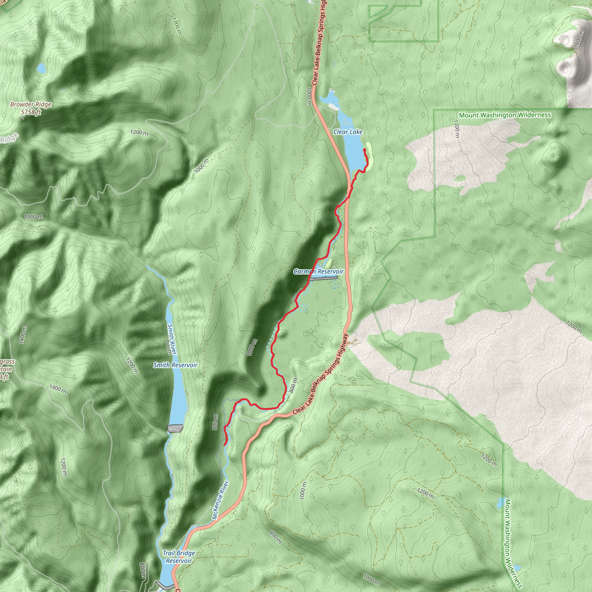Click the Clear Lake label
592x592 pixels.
[348, 132]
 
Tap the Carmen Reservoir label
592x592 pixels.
[318, 271]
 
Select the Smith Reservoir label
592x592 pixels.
[175, 365]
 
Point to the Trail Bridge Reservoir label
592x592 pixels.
[179, 557]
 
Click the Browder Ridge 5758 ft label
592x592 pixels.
[31, 108]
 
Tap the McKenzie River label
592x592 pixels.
[220, 500]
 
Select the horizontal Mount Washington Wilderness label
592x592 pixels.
[505, 115]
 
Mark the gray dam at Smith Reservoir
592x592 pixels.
[175, 428]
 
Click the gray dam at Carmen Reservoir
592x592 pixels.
[324, 278]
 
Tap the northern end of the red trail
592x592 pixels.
[364, 149]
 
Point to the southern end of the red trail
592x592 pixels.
[225, 444]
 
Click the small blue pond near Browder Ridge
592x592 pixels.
[41, 68]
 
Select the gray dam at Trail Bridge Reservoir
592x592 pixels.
[163, 585]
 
